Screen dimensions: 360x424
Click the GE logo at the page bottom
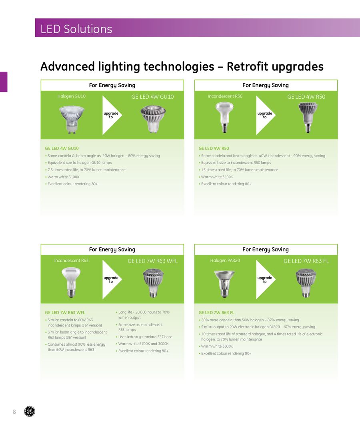click(x=30, y=411)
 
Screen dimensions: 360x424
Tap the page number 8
click(x=14, y=412)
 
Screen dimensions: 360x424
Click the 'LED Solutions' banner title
click(x=76, y=29)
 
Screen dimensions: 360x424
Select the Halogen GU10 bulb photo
click(x=72, y=119)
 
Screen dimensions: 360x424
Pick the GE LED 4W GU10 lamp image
click(x=153, y=119)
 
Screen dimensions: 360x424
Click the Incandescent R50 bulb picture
click(x=224, y=117)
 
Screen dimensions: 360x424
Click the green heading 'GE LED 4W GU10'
click(x=62, y=148)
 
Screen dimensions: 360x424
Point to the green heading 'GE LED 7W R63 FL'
click(x=216, y=313)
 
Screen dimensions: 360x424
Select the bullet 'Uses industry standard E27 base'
click(x=144, y=336)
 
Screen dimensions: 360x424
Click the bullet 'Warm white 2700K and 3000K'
click(x=142, y=344)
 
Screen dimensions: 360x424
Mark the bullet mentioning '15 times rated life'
click(x=238, y=170)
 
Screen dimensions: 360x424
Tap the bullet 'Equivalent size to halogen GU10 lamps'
click(x=78, y=163)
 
